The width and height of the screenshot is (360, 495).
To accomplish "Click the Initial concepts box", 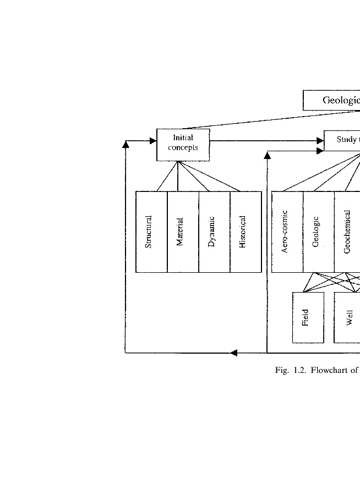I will tap(183, 145).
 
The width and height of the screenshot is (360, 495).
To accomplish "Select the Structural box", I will tap(151, 232).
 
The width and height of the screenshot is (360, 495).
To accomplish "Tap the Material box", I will tap(183, 232).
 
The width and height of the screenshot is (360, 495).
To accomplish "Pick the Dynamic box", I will tap(214, 232).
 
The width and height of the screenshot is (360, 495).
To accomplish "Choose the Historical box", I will tap(246, 232).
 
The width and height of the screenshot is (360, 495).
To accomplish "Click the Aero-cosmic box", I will tap(287, 232).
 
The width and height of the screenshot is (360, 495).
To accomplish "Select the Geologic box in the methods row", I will tap(318, 232).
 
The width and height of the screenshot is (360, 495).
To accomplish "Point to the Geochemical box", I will tap(347, 232).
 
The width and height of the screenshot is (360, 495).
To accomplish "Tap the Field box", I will tap(308, 317).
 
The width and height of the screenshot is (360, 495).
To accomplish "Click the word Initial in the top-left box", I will tap(183, 138).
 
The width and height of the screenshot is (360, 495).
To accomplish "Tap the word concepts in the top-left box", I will tap(183, 148).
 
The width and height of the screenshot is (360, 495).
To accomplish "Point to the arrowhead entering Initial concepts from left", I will tap(153, 141).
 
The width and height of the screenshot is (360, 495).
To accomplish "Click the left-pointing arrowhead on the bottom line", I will tap(233, 353).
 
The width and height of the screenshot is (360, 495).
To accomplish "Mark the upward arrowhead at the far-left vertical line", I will tap(126, 144).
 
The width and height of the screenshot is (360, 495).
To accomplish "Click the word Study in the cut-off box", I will tap(347, 140).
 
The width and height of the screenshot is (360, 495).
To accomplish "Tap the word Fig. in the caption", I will tap(282, 371).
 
